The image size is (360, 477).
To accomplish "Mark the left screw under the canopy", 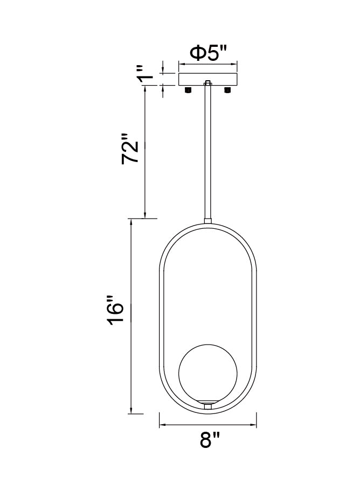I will [188, 89].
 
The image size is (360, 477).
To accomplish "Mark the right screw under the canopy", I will [227, 89].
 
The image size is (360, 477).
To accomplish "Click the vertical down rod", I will [207, 151].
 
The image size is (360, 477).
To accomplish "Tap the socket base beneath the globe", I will [207, 403].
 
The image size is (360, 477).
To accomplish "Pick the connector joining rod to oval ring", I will [207, 220].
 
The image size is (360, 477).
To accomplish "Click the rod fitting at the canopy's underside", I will [207, 84].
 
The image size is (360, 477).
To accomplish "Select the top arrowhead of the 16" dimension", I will [131, 222].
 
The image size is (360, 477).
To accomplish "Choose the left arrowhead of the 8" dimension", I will [162, 426].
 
